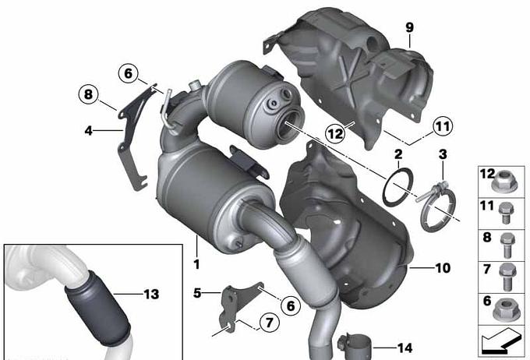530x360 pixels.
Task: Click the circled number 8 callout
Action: (x=89, y=94)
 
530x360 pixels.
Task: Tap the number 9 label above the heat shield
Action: (x=409, y=27)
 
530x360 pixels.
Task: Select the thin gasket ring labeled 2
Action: (x=397, y=186)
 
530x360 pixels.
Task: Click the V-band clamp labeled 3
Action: (x=437, y=206)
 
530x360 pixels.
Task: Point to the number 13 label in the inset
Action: (x=151, y=294)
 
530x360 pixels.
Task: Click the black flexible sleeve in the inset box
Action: (x=97, y=308)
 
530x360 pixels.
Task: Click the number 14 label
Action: (x=405, y=348)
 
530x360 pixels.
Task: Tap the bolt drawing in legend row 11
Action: (x=506, y=213)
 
